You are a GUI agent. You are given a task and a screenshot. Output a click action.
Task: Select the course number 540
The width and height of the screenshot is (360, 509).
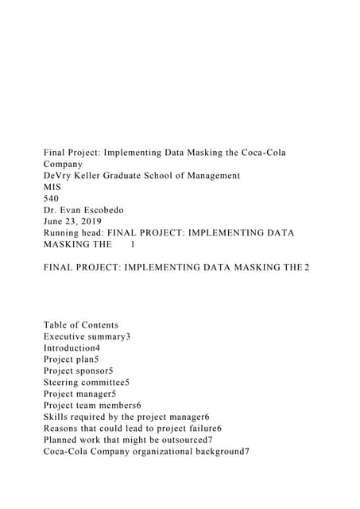[x=52, y=199]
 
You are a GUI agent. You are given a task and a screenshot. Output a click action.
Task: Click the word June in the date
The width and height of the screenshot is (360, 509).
[x=56, y=222]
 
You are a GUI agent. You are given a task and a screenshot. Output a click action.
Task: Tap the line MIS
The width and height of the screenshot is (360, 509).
[x=52, y=187]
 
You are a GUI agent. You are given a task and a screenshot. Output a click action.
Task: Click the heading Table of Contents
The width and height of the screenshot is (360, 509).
[x=81, y=324]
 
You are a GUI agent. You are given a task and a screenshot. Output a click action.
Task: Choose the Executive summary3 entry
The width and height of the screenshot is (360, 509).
[x=87, y=336]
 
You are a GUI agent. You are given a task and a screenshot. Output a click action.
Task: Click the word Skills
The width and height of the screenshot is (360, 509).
[x=56, y=417]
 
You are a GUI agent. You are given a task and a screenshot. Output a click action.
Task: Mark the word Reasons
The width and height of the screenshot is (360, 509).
[x=63, y=428]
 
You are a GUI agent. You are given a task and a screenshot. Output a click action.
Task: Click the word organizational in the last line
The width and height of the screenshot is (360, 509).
[x=164, y=451]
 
